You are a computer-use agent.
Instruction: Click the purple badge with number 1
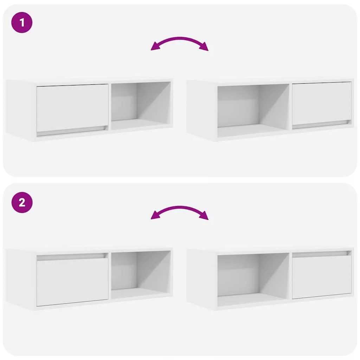coord(22,22)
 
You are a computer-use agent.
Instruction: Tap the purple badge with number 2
coord(22,202)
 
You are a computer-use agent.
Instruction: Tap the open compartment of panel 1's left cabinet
coord(141,106)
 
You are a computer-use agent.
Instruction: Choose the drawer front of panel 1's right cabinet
coord(322,103)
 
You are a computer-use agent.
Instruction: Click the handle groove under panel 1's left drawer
coord(72,131)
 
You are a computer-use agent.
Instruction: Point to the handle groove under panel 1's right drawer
coord(321,124)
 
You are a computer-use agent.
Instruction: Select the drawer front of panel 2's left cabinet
coord(72,282)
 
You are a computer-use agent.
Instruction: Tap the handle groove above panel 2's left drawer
coord(72,257)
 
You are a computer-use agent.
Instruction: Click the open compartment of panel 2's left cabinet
coord(141,275)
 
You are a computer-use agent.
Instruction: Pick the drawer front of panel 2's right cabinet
coord(322,277)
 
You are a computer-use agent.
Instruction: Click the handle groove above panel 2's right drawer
coord(321,254)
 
